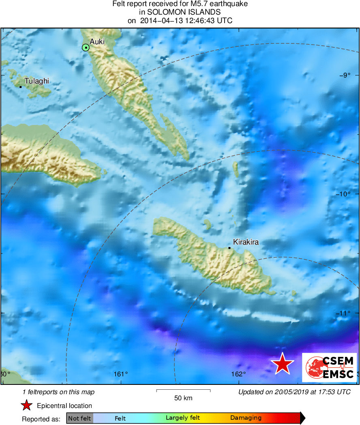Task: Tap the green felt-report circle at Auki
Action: (x=86, y=48)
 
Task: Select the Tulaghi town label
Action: (x=36, y=81)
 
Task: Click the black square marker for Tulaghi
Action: (x=21, y=87)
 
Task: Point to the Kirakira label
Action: (x=246, y=242)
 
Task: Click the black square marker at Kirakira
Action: (x=229, y=248)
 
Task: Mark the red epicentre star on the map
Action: (x=282, y=364)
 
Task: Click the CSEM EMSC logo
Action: (x=329, y=367)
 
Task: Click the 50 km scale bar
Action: (x=183, y=391)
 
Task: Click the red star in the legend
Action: (x=27, y=405)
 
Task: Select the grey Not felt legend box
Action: (x=79, y=418)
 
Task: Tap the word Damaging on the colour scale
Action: (x=246, y=418)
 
